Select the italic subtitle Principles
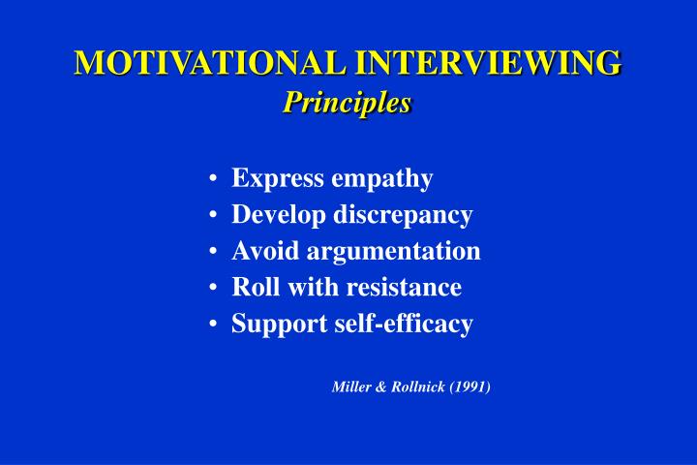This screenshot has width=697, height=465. (348, 102)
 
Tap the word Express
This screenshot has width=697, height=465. (278, 179)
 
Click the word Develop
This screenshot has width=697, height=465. (278, 216)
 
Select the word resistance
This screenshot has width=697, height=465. (406, 287)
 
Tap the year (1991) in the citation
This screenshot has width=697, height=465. (470, 387)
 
